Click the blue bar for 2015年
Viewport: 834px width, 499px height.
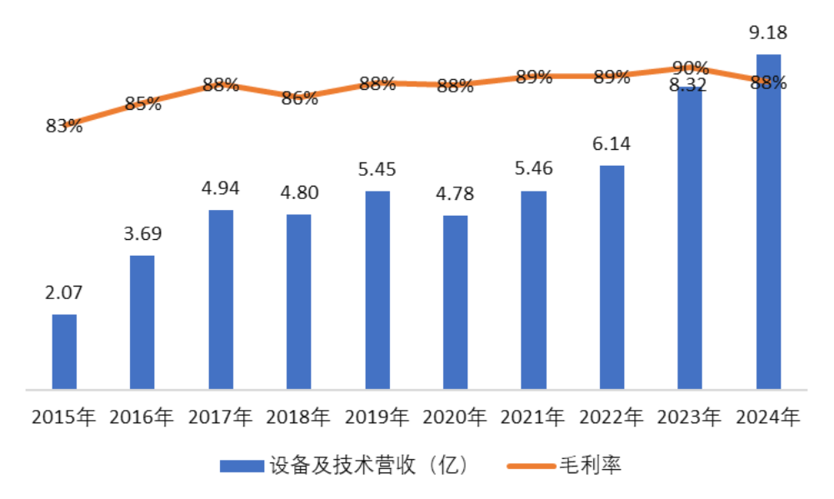pos(64,352)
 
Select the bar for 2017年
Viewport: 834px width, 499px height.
pos(221,299)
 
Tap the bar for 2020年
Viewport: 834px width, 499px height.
pos(455,302)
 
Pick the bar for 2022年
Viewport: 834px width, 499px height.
pos(612,277)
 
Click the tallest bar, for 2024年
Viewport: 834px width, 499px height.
pos(768,222)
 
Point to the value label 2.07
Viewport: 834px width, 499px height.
pos(64,292)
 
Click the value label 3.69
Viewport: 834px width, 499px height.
pos(142,233)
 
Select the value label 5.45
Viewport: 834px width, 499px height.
pos(377,169)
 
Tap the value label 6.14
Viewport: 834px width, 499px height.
pos(612,143)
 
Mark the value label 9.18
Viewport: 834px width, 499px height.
pos(768,33)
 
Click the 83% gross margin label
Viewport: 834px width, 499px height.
pos(64,126)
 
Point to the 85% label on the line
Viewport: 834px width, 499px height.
pos(142,104)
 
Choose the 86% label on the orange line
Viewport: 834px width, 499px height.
pos(299,98)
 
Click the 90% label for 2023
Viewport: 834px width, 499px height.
pos(690,67)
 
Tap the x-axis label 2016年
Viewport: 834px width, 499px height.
pos(142,417)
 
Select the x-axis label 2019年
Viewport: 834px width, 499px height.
pos(377,417)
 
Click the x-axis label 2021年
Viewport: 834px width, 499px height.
pos(533,417)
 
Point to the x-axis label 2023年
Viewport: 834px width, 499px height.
pos(690,417)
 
